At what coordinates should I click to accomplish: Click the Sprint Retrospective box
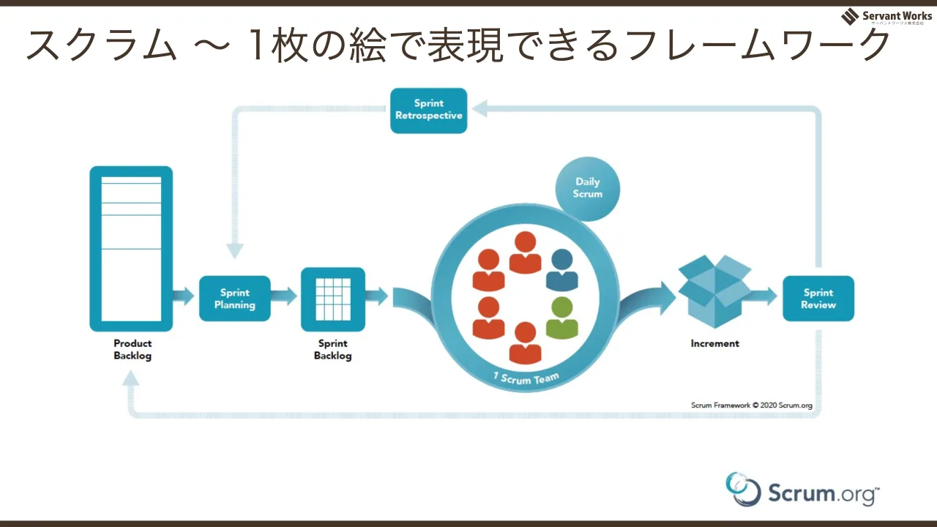pyautogui.click(x=429, y=111)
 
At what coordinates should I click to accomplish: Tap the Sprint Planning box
pyautogui.click(x=235, y=299)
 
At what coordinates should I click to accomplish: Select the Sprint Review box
pyautogui.click(x=818, y=299)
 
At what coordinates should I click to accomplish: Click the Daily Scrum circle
pyautogui.click(x=588, y=189)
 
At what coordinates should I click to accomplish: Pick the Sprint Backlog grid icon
pyautogui.click(x=333, y=299)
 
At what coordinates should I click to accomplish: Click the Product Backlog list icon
pyautogui.click(x=131, y=249)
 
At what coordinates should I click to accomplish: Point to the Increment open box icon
pyautogui.click(x=714, y=291)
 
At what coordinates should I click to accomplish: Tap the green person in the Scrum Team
pyautogui.click(x=562, y=318)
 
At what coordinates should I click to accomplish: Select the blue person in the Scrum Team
pyautogui.click(x=562, y=270)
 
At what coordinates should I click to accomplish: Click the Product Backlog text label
pyautogui.click(x=132, y=350)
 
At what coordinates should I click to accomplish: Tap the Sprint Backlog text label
pyautogui.click(x=333, y=350)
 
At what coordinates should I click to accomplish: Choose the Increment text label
pyautogui.click(x=715, y=343)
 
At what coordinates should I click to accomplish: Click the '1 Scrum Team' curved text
pyautogui.click(x=526, y=379)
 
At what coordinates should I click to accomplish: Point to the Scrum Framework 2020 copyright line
pyautogui.click(x=752, y=405)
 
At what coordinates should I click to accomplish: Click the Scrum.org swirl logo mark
pyautogui.click(x=743, y=490)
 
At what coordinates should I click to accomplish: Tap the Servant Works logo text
pyautogui.click(x=897, y=16)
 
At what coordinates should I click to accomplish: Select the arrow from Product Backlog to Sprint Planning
pyautogui.click(x=183, y=296)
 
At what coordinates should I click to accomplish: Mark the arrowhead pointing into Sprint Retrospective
pyautogui.click(x=479, y=109)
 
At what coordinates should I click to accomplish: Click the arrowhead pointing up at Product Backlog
pyautogui.click(x=131, y=379)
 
